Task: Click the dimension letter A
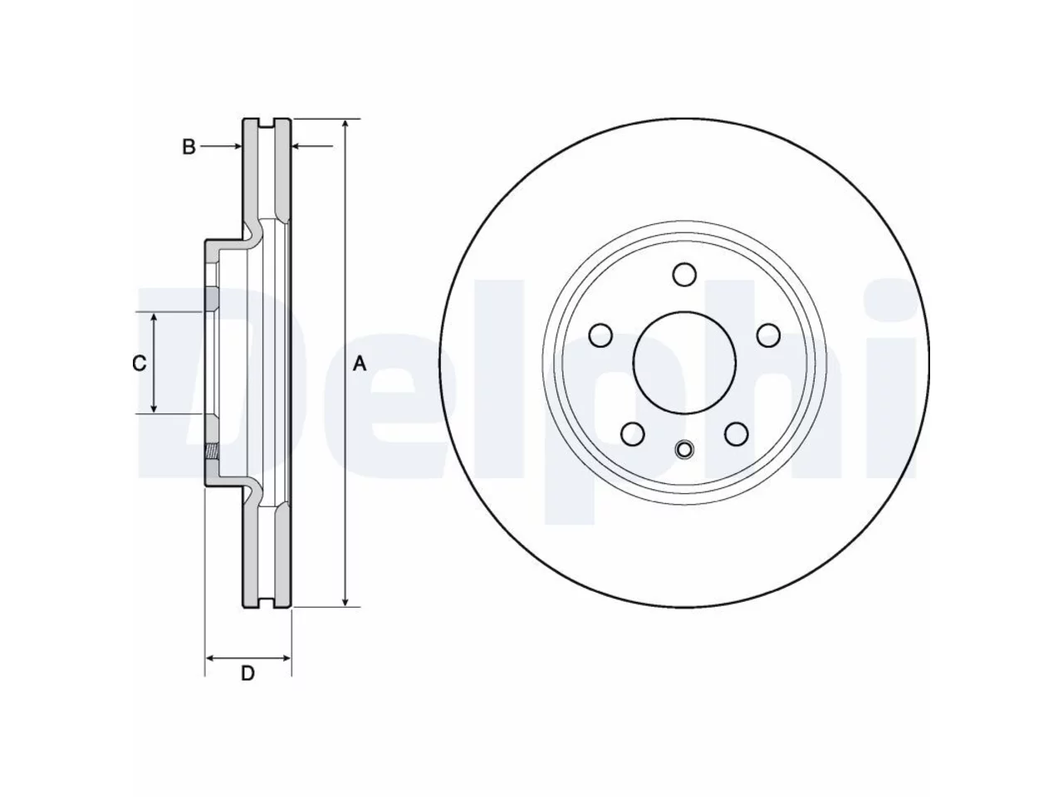pyautogui.click(x=360, y=364)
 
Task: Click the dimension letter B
pyautogui.click(x=189, y=147)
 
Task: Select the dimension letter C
pyautogui.click(x=139, y=363)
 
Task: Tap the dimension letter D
pyautogui.click(x=247, y=673)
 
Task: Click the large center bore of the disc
pyautogui.click(x=683, y=363)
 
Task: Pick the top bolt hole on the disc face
pyautogui.click(x=684, y=274)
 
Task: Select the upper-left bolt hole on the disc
pyautogui.click(x=600, y=335)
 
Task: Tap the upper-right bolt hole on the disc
pyautogui.click(x=768, y=335)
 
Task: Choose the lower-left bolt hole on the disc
pyautogui.click(x=633, y=433)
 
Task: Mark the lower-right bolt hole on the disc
pyautogui.click(x=736, y=433)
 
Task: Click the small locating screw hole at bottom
pyautogui.click(x=684, y=449)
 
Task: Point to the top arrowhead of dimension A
pyautogui.click(x=345, y=125)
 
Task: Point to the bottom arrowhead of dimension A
pyautogui.click(x=345, y=601)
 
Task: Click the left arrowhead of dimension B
pyautogui.click(x=237, y=145)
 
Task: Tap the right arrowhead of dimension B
pyautogui.click(x=296, y=145)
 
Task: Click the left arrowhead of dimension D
pyautogui.click(x=211, y=658)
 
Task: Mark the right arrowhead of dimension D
pyautogui.click(x=285, y=658)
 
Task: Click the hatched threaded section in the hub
pyautogui.click(x=212, y=452)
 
